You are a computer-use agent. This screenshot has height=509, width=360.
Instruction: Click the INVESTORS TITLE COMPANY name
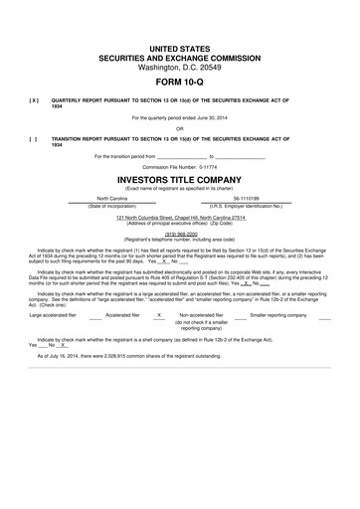(x=179, y=180)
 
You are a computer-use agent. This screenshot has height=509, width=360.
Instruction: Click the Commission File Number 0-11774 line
(x=179, y=166)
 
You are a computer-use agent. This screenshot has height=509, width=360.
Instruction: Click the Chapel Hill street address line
(x=179, y=217)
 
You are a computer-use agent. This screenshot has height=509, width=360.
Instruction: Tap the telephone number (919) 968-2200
(x=179, y=235)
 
